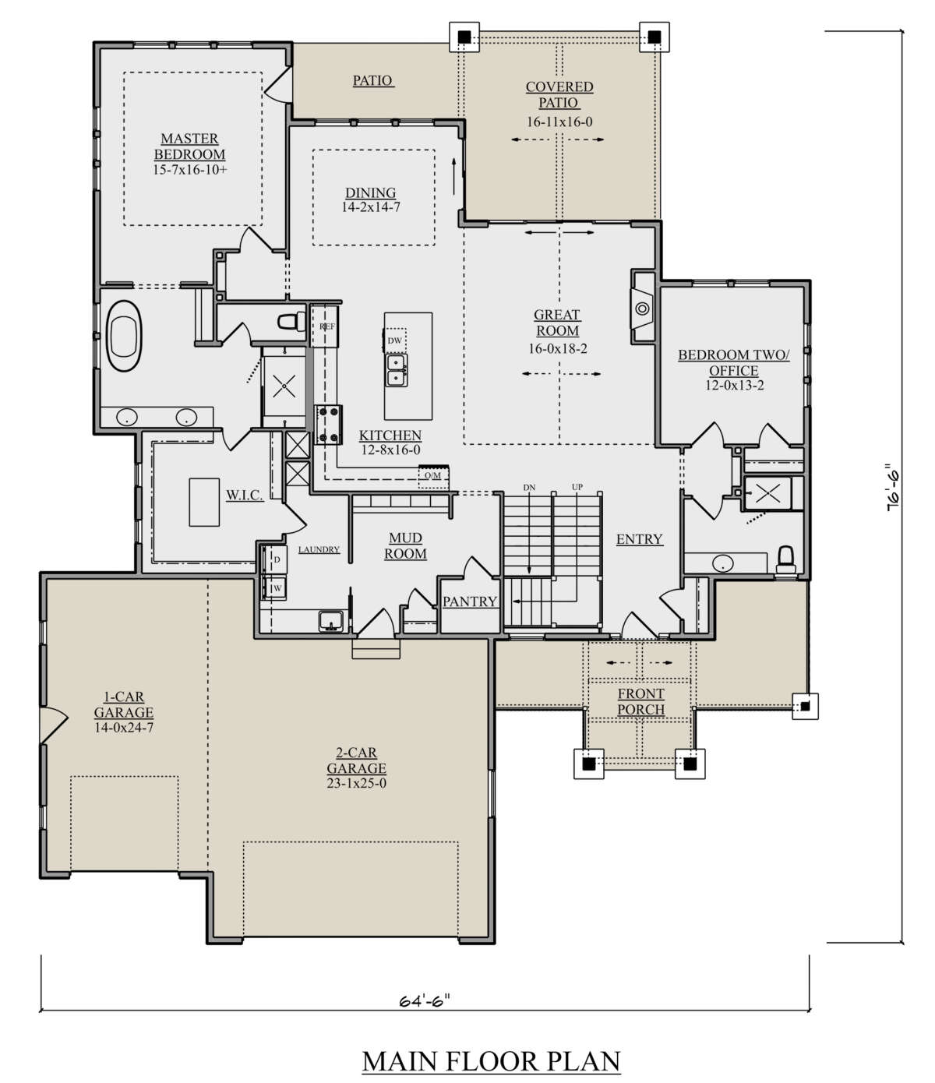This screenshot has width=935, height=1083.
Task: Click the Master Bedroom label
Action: pos(189,146)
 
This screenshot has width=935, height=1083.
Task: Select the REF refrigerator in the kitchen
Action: pos(324,326)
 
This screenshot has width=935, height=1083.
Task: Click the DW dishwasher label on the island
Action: pos(395,340)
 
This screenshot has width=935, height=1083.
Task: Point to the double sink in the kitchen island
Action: pos(397,370)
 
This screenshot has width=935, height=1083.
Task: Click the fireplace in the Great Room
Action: pos(643,308)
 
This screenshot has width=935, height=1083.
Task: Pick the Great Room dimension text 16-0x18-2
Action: pos(558,348)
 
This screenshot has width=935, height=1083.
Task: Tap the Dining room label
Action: pos(371,192)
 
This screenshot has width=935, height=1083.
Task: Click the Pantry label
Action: pos(470,601)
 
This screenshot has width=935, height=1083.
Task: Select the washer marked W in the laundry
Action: pos(274,588)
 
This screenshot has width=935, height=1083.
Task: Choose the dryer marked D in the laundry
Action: pos(274,559)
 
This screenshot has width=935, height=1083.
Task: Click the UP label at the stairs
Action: pos(577,487)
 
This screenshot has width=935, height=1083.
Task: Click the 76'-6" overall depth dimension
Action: pos(893,488)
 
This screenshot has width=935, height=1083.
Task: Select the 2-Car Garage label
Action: pos(356,760)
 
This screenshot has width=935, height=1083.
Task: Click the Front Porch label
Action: pos(641,701)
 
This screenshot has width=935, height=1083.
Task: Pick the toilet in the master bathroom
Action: pos(292,321)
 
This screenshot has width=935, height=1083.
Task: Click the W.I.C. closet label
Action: pos(245,495)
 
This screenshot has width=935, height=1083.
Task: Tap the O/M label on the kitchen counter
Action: pos(433,475)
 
